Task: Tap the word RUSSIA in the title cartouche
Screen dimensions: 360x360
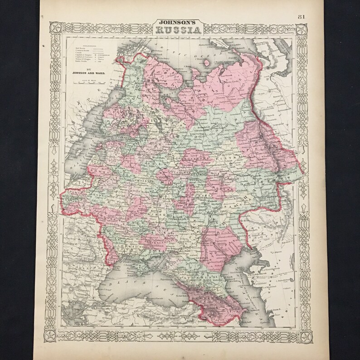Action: point(177,30)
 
